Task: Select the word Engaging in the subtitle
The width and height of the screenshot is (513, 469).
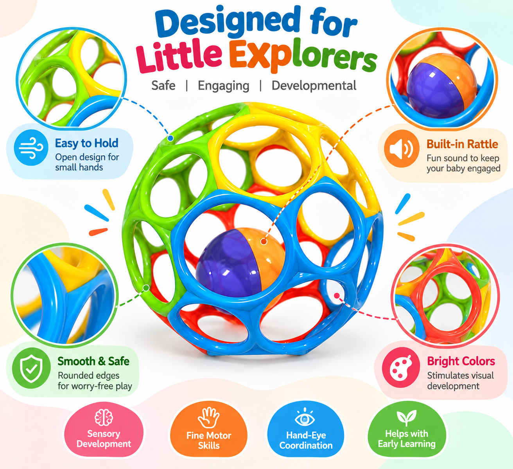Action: pos(224,86)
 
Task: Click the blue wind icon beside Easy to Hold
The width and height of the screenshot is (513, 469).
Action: pos(31,147)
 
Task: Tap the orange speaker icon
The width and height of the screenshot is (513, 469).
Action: pos(402,149)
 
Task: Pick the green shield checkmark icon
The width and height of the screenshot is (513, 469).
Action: pos(31,368)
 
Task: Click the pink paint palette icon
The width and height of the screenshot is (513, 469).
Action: pos(401,367)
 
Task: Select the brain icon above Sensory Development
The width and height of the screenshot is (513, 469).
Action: pos(104,417)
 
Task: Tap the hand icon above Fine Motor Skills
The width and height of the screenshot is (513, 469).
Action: pos(209,418)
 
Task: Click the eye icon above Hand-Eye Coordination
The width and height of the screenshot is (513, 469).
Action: pos(305,418)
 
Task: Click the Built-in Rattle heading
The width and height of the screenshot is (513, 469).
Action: pos(463,144)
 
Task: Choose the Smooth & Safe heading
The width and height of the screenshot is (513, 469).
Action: pos(93,361)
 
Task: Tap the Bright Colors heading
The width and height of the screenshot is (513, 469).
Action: pos(461,361)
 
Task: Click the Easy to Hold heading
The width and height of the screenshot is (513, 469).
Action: pos(87,143)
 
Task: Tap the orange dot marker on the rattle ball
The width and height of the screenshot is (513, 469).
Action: pos(264,241)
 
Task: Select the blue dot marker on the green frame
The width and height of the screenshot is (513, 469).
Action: pos(170,138)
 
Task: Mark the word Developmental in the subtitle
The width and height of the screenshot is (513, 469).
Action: pos(314,86)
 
